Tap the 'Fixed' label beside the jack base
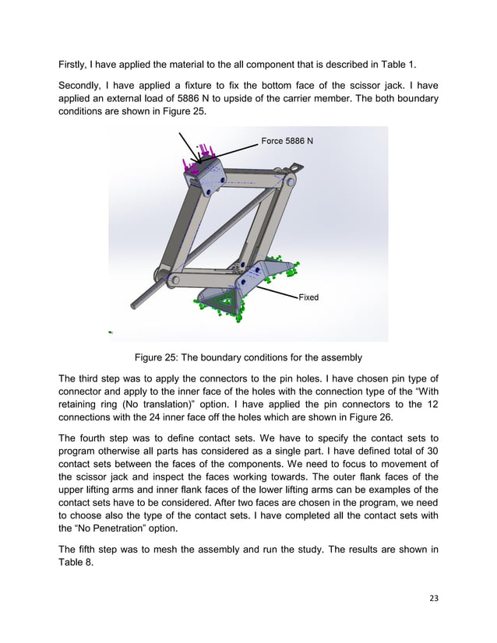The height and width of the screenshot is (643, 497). (308, 297)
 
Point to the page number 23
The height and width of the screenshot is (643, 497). (434, 598)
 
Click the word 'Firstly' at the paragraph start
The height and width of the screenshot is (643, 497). (74, 61)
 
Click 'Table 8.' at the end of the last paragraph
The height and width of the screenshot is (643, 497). (77, 562)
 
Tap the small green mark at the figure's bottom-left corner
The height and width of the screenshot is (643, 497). (111, 332)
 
